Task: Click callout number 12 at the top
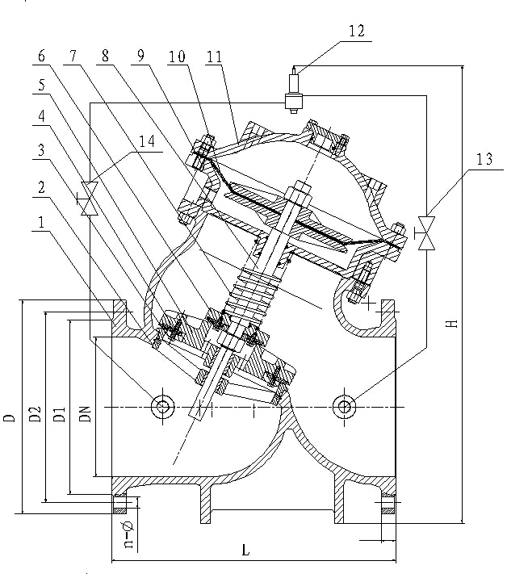point(355,31)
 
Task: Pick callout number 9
point(143,58)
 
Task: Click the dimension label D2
point(34,415)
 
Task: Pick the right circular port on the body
point(346,406)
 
